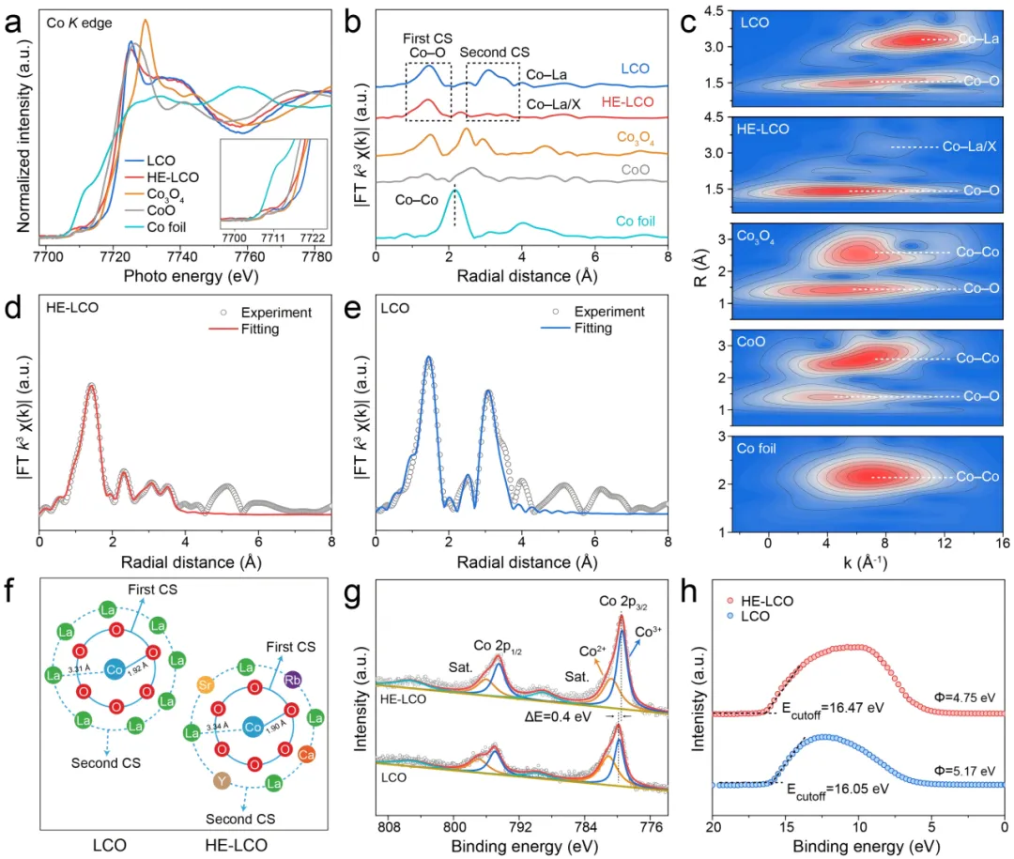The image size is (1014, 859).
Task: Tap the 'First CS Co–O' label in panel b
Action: (x=428, y=47)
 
